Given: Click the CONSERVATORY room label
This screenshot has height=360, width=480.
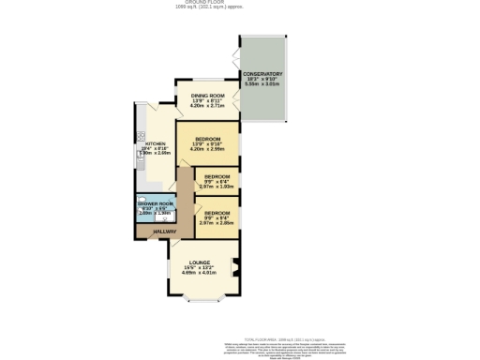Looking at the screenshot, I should coord(263,73).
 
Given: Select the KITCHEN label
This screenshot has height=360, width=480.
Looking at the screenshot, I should coord(155,143).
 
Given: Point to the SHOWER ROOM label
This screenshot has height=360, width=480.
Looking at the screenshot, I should coord(156,203).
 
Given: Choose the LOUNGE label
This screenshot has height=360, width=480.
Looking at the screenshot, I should coord(199,262).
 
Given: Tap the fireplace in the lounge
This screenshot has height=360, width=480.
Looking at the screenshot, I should coord(235,266).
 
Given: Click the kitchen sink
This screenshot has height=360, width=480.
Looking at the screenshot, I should coord(140,167).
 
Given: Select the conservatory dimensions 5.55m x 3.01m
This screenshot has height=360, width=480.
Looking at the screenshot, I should coord(263,84).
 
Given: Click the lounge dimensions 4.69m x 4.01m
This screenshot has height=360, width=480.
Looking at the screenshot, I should coord(199,273).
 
